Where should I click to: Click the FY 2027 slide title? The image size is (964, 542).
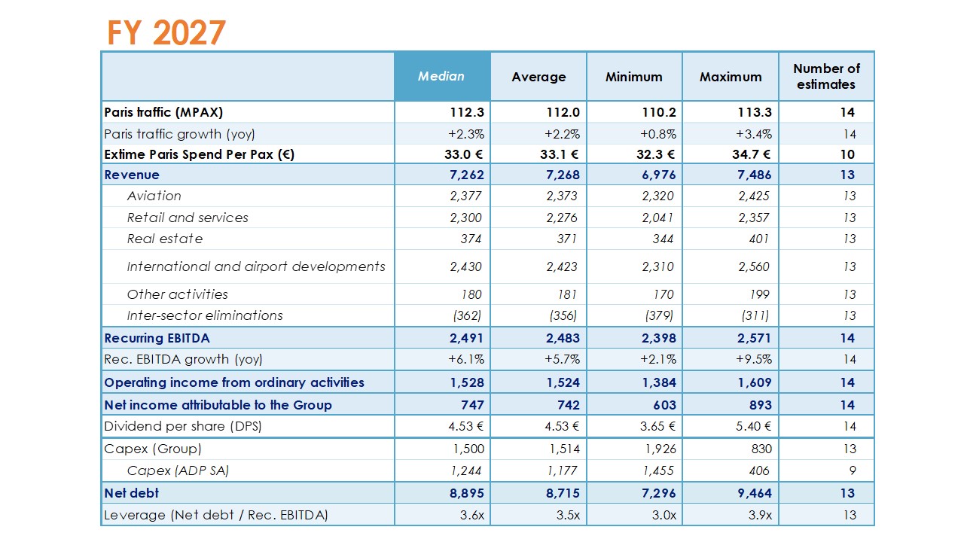pyautogui.click(x=166, y=32)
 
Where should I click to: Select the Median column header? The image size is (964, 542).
pyautogui.click(x=441, y=76)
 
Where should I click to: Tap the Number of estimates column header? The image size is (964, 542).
pyautogui.click(x=826, y=76)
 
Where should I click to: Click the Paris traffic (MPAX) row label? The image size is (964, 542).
pyautogui.click(x=164, y=112)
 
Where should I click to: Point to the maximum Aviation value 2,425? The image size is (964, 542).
pyautogui.click(x=754, y=196)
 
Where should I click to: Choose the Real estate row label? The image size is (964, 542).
pyautogui.click(x=165, y=239)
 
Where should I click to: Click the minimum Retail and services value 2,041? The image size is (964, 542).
pyautogui.click(x=658, y=218)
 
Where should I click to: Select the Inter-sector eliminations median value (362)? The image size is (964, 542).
pyautogui.click(x=468, y=315)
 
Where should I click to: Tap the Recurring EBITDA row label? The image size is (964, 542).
pyautogui.click(x=157, y=338)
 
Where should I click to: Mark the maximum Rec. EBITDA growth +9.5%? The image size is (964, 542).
pyautogui.click(x=755, y=359)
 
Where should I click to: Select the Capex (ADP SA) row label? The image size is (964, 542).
pyautogui.click(x=178, y=470)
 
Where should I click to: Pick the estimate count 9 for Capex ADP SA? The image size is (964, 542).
pyautogui.click(x=850, y=470)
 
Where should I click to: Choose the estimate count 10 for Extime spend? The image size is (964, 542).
pyautogui.click(x=847, y=154)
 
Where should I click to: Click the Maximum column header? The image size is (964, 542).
pyautogui.click(x=731, y=77)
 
